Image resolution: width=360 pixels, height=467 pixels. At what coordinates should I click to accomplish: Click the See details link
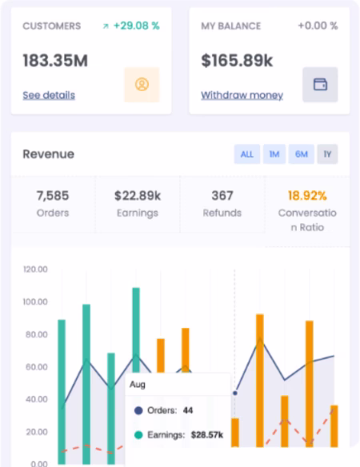click(x=49, y=95)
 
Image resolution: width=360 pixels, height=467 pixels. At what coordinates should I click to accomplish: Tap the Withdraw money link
click(x=242, y=95)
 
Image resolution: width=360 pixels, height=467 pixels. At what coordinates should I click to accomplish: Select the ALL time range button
click(x=246, y=154)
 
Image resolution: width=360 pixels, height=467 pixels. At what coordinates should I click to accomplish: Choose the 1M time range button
click(x=274, y=154)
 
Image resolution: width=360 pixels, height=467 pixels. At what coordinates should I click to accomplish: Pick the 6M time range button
click(x=302, y=154)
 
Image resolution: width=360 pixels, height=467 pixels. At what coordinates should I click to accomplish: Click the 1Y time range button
click(x=327, y=154)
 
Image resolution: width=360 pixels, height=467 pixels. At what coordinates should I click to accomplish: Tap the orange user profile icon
click(x=142, y=85)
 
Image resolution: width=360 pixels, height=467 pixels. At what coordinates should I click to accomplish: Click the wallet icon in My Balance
click(x=320, y=84)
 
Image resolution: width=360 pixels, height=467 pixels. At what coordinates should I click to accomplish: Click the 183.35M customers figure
click(x=55, y=61)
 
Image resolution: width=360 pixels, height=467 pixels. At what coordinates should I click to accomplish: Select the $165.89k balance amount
click(x=237, y=61)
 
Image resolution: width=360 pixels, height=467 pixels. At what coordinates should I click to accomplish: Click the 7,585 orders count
click(x=53, y=196)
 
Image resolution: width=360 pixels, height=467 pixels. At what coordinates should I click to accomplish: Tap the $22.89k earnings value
click(x=138, y=196)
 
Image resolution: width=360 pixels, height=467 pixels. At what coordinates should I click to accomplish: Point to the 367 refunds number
click(x=222, y=196)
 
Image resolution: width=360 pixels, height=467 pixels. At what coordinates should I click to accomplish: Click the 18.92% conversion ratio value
click(x=307, y=196)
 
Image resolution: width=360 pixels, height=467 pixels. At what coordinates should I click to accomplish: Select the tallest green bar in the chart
click(x=136, y=330)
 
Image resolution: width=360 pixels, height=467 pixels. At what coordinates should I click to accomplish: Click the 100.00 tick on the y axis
click(x=35, y=301)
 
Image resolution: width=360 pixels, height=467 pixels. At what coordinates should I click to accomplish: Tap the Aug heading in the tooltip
click(x=138, y=385)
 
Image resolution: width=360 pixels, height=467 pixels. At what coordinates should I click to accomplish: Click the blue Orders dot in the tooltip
click(x=138, y=411)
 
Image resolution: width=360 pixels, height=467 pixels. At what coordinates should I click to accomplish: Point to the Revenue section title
click(x=49, y=154)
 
